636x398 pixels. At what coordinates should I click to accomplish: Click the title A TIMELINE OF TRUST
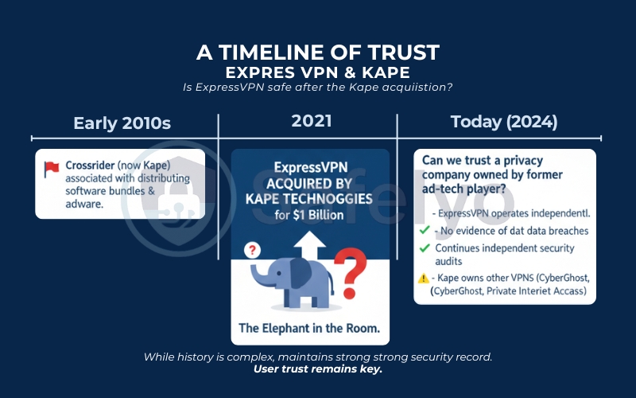317,53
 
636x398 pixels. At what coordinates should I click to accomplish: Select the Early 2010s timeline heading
122,123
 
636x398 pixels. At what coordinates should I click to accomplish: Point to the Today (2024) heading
503,123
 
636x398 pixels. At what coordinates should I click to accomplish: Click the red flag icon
52,167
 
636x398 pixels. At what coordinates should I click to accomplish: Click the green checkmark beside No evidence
424,231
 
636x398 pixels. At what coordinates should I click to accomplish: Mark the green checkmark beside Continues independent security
424,248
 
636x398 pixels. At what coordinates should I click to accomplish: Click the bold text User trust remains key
317,369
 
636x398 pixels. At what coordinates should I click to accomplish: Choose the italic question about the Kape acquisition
317,87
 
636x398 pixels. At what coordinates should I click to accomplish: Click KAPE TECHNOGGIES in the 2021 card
310,198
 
